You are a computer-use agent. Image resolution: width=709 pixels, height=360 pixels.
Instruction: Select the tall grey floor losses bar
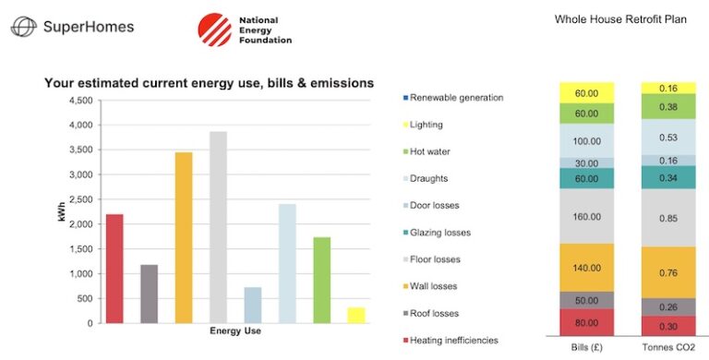pos(218,226)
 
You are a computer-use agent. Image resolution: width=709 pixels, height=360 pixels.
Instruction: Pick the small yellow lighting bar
pos(355,315)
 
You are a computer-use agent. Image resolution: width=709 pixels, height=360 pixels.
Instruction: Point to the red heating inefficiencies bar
pos(114,268)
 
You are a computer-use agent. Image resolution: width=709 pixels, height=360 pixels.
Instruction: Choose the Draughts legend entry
pos(429,178)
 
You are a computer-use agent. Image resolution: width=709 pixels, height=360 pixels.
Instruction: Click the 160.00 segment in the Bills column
pos(587,217)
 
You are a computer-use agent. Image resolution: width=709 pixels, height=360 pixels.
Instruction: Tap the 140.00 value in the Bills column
pos(587,268)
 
